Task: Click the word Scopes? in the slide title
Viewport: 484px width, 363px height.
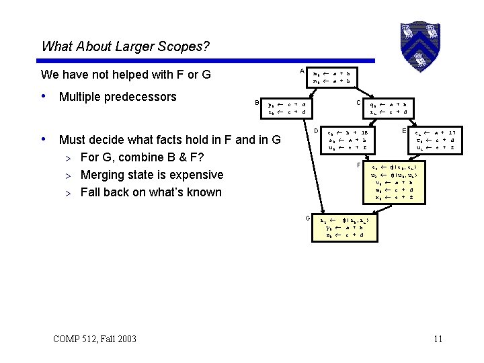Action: pyautogui.click(x=185, y=47)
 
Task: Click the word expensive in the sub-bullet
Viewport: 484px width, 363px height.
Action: pyautogui.click(x=195, y=175)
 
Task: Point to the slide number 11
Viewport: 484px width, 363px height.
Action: pyautogui.click(x=438, y=339)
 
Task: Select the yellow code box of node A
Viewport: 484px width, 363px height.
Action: pyautogui.click(x=333, y=76)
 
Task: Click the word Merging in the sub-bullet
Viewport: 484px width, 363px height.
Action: pyautogui.click(x=102, y=175)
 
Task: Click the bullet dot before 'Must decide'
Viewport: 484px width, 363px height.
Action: pyautogui.click(x=44, y=140)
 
